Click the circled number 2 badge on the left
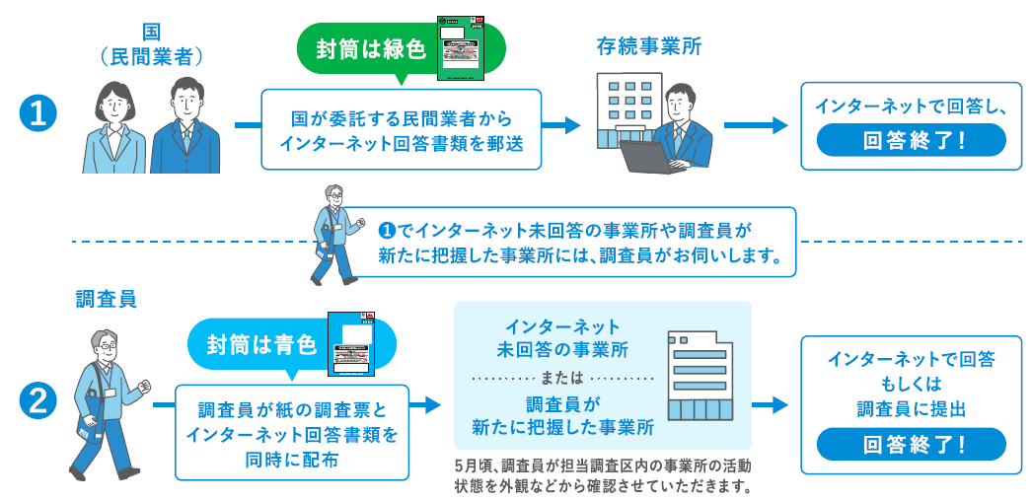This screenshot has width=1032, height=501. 37,402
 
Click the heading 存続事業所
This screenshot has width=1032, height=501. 648,46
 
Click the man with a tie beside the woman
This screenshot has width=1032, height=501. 185,126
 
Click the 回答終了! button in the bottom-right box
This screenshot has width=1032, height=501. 913,443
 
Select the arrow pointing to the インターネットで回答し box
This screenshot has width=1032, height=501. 756,125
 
